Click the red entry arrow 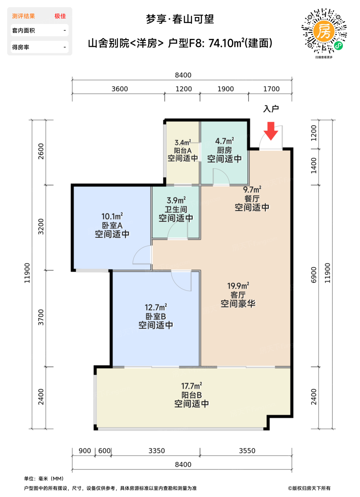pos(271,131)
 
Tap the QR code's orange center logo pos(324,31)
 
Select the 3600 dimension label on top pos(120,89)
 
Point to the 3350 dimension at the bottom pos(157,451)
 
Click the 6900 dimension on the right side pos(313,275)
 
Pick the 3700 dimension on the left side pos(41,317)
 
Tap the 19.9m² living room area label pos(238,286)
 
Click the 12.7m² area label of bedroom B pos(156,307)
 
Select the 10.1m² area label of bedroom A pos(112,216)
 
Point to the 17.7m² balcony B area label pos(192,386)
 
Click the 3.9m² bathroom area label pos(176,200)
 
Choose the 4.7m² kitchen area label pos(225,141)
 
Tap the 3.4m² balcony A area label pos(183,142)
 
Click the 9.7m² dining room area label pos(252,190)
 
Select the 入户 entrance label pos(271,109)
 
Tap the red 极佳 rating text pos(60,16)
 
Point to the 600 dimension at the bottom pos(104,451)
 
